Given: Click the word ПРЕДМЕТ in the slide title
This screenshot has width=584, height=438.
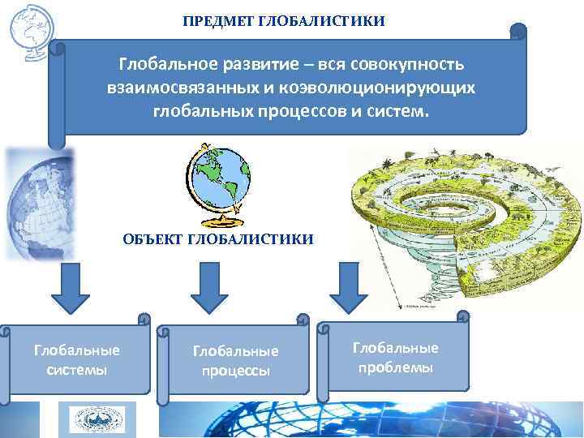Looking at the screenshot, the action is coord(218,19).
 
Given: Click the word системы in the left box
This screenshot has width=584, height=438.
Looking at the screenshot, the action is coord(76,370).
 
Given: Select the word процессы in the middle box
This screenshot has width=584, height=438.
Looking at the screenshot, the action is coord(235,371).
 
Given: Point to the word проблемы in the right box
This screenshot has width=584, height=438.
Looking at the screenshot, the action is coord(395,367).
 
